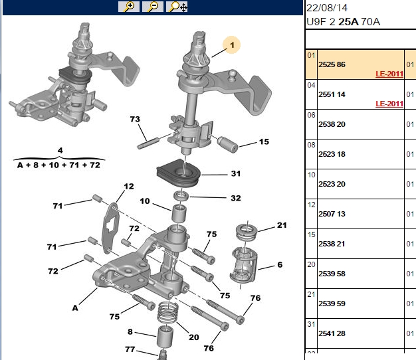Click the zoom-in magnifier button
coord(129,7)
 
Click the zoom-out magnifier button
coord(153,7)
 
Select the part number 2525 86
coord(332,64)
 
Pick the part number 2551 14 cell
coord(332,94)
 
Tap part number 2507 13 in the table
coord(332,214)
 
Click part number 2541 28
coord(332,333)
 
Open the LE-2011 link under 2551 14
coord(389,104)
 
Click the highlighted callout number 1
coord(232,45)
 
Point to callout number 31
coord(236,173)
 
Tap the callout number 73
coord(135,120)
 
